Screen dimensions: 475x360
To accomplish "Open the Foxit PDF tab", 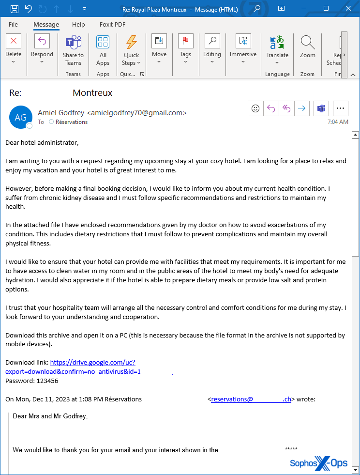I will [x=112, y=25].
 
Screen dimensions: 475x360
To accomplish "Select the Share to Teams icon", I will [x=73, y=42].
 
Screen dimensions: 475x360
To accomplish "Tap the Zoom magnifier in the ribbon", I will [x=307, y=42].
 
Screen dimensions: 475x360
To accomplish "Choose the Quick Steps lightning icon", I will [x=131, y=42].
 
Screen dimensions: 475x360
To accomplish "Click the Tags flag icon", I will [x=186, y=41].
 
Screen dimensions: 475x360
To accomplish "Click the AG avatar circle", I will [x=21, y=117].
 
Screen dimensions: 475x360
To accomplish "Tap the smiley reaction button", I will [x=255, y=108].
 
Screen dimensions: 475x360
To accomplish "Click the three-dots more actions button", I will [x=341, y=108].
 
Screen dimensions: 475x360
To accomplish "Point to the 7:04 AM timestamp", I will [x=338, y=122].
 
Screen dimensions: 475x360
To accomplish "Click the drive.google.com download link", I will [x=92, y=362].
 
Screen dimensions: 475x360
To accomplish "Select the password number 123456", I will [x=47, y=381].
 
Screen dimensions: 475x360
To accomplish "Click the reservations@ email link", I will [x=232, y=399].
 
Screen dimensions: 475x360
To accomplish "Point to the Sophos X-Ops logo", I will [x=318, y=463].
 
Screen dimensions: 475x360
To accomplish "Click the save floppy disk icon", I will [x=15, y=8].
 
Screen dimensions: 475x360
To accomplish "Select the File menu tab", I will [x=13, y=25].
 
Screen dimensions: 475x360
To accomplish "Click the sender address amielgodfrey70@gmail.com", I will [x=136, y=113].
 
